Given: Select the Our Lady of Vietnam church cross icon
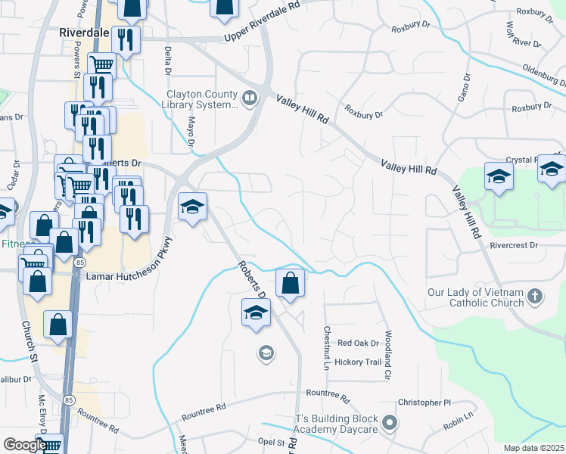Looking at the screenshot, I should (535, 297).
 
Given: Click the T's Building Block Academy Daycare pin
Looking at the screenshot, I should (390, 422).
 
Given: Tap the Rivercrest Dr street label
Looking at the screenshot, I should (512, 245).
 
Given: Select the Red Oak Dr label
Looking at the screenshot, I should (358, 343).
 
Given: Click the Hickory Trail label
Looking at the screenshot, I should (359, 362).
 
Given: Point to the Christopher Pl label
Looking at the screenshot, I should (424, 403).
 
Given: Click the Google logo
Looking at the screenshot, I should (25, 445).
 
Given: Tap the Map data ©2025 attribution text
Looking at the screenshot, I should (534, 448).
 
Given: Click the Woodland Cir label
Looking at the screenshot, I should (387, 354).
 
